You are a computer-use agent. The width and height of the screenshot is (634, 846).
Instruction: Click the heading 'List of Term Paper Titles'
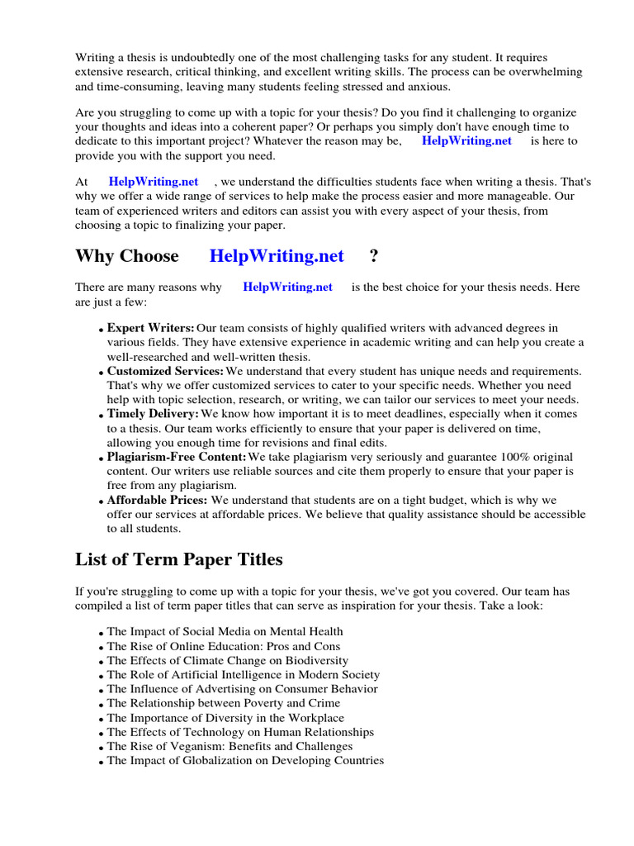178,560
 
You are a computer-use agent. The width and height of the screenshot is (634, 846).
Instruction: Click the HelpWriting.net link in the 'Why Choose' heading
277,256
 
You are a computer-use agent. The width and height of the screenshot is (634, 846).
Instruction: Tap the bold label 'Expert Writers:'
150,328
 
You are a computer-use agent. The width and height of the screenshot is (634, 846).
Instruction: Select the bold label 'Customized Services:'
165,372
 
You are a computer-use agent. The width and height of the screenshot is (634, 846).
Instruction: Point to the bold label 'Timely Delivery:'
153,414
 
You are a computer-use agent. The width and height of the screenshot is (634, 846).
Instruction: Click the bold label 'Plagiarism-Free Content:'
177,457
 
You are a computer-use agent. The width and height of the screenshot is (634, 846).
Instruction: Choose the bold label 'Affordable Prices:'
157,500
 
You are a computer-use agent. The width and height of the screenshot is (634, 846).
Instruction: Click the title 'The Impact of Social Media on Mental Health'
225,632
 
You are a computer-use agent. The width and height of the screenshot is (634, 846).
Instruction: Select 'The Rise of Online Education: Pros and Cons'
223,647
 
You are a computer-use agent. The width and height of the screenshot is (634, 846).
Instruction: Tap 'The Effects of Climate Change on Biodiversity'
227,661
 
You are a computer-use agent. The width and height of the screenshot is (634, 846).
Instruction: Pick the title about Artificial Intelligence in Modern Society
242,675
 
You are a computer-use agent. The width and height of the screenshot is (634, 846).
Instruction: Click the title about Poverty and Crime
223,704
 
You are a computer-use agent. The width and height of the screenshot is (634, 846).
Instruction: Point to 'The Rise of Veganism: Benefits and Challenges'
229,746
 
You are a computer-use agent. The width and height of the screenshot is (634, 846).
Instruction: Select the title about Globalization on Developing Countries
245,761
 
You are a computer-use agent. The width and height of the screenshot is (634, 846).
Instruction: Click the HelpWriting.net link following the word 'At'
154,182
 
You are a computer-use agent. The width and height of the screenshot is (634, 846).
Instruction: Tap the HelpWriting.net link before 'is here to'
466,140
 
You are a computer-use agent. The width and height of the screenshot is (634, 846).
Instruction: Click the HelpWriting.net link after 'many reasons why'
287,288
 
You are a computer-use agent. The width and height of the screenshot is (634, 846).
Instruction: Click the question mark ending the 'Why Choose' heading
375,256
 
